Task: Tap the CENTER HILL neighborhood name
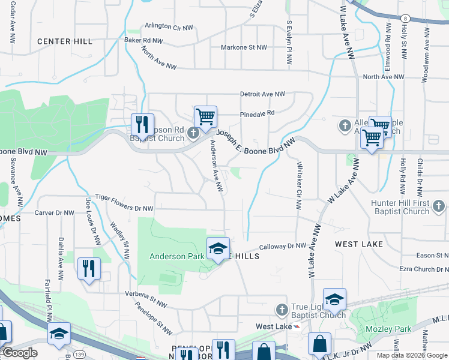click(65, 41)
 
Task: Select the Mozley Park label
click(385, 329)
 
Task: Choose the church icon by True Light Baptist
click(282, 310)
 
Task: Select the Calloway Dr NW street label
click(283, 247)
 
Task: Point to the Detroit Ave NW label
click(262, 94)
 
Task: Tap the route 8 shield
click(406, 19)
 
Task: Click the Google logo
click(19, 353)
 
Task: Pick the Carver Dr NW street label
click(54, 213)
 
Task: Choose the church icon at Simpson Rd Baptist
click(193, 133)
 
